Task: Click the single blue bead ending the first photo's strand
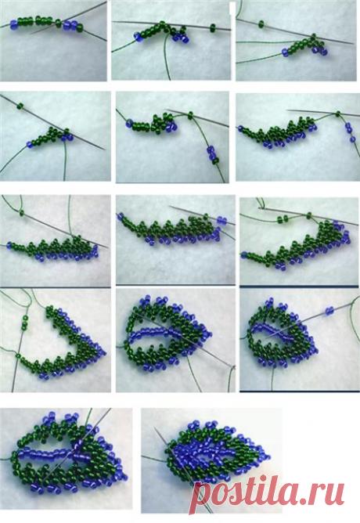(x=13, y=24)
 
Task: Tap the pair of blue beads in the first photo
(x=70, y=25)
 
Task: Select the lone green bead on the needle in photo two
(x=213, y=28)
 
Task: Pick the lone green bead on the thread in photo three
(x=261, y=23)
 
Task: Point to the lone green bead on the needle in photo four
(x=20, y=106)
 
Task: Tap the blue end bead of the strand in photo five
(x=128, y=124)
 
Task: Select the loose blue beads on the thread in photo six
(x=350, y=133)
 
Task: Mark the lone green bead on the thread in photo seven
(x=22, y=212)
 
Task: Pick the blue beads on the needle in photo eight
(x=221, y=220)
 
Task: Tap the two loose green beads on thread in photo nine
(x=283, y=218)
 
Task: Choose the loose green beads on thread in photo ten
(x=25, y=323)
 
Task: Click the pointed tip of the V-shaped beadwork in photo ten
(x=103, y=352)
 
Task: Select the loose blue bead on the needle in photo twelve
(x=329, y=311)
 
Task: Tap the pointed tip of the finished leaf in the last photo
(x=268, y=456)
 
